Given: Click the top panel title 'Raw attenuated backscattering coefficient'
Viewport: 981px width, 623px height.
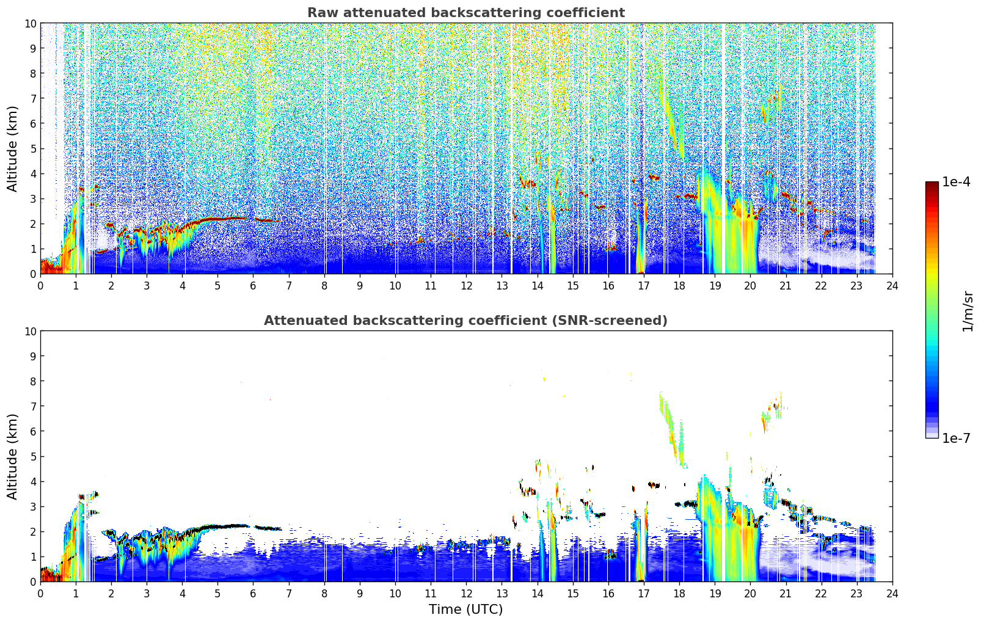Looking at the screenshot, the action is pos(466,13).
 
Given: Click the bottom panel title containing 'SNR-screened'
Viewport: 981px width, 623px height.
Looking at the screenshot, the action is pos(465,321).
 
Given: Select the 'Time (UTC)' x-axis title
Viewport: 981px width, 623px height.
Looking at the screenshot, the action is pos(465,610).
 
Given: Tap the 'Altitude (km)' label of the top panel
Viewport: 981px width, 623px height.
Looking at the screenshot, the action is pos(12,149).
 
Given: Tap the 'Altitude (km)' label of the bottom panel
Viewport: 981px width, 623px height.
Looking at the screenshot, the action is pos(12,457).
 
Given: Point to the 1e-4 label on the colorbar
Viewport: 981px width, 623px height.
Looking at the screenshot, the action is pos(956,181).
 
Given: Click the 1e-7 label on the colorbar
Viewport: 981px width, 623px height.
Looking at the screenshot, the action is pos(956,439).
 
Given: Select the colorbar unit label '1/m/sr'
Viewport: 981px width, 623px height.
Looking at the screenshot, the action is pos(967,311).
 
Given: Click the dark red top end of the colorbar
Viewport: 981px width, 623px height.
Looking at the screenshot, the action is pos(932,184).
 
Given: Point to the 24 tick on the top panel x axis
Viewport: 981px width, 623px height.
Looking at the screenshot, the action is pos(892,286).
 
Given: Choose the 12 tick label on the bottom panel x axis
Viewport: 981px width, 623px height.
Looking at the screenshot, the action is pos(467,594).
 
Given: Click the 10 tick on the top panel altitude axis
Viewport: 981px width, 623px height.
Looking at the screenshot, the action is pos(30,23).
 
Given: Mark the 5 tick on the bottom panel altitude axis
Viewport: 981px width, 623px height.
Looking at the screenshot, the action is pos(33,457).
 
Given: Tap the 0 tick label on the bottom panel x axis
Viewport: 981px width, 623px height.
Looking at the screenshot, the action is pos(41,594).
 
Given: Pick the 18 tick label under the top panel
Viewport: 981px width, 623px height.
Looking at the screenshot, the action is pos(679,286).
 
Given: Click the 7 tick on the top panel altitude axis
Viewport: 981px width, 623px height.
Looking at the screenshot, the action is pos(33,98).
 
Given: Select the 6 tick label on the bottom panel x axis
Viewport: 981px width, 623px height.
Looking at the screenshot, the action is pos(253,594).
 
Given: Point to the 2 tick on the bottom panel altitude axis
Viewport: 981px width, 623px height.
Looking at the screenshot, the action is pos(33,532).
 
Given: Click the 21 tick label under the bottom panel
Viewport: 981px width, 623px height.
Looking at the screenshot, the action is pos(786,594).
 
